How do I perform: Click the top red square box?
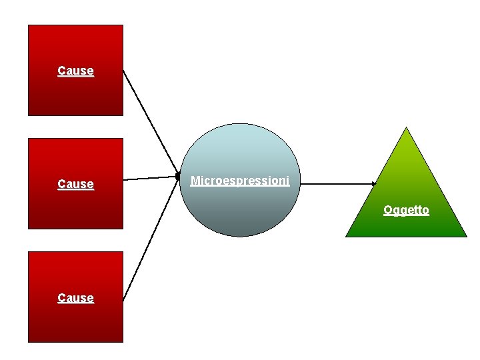75,93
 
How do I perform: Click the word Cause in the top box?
75,71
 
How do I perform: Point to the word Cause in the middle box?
75,184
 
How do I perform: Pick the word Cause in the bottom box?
75,298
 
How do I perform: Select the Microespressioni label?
240,181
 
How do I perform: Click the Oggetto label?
406,211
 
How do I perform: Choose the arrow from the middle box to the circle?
152,178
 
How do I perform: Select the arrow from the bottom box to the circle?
152,240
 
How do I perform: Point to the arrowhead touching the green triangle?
374,184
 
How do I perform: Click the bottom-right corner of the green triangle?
465,236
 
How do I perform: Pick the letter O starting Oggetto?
387,211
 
